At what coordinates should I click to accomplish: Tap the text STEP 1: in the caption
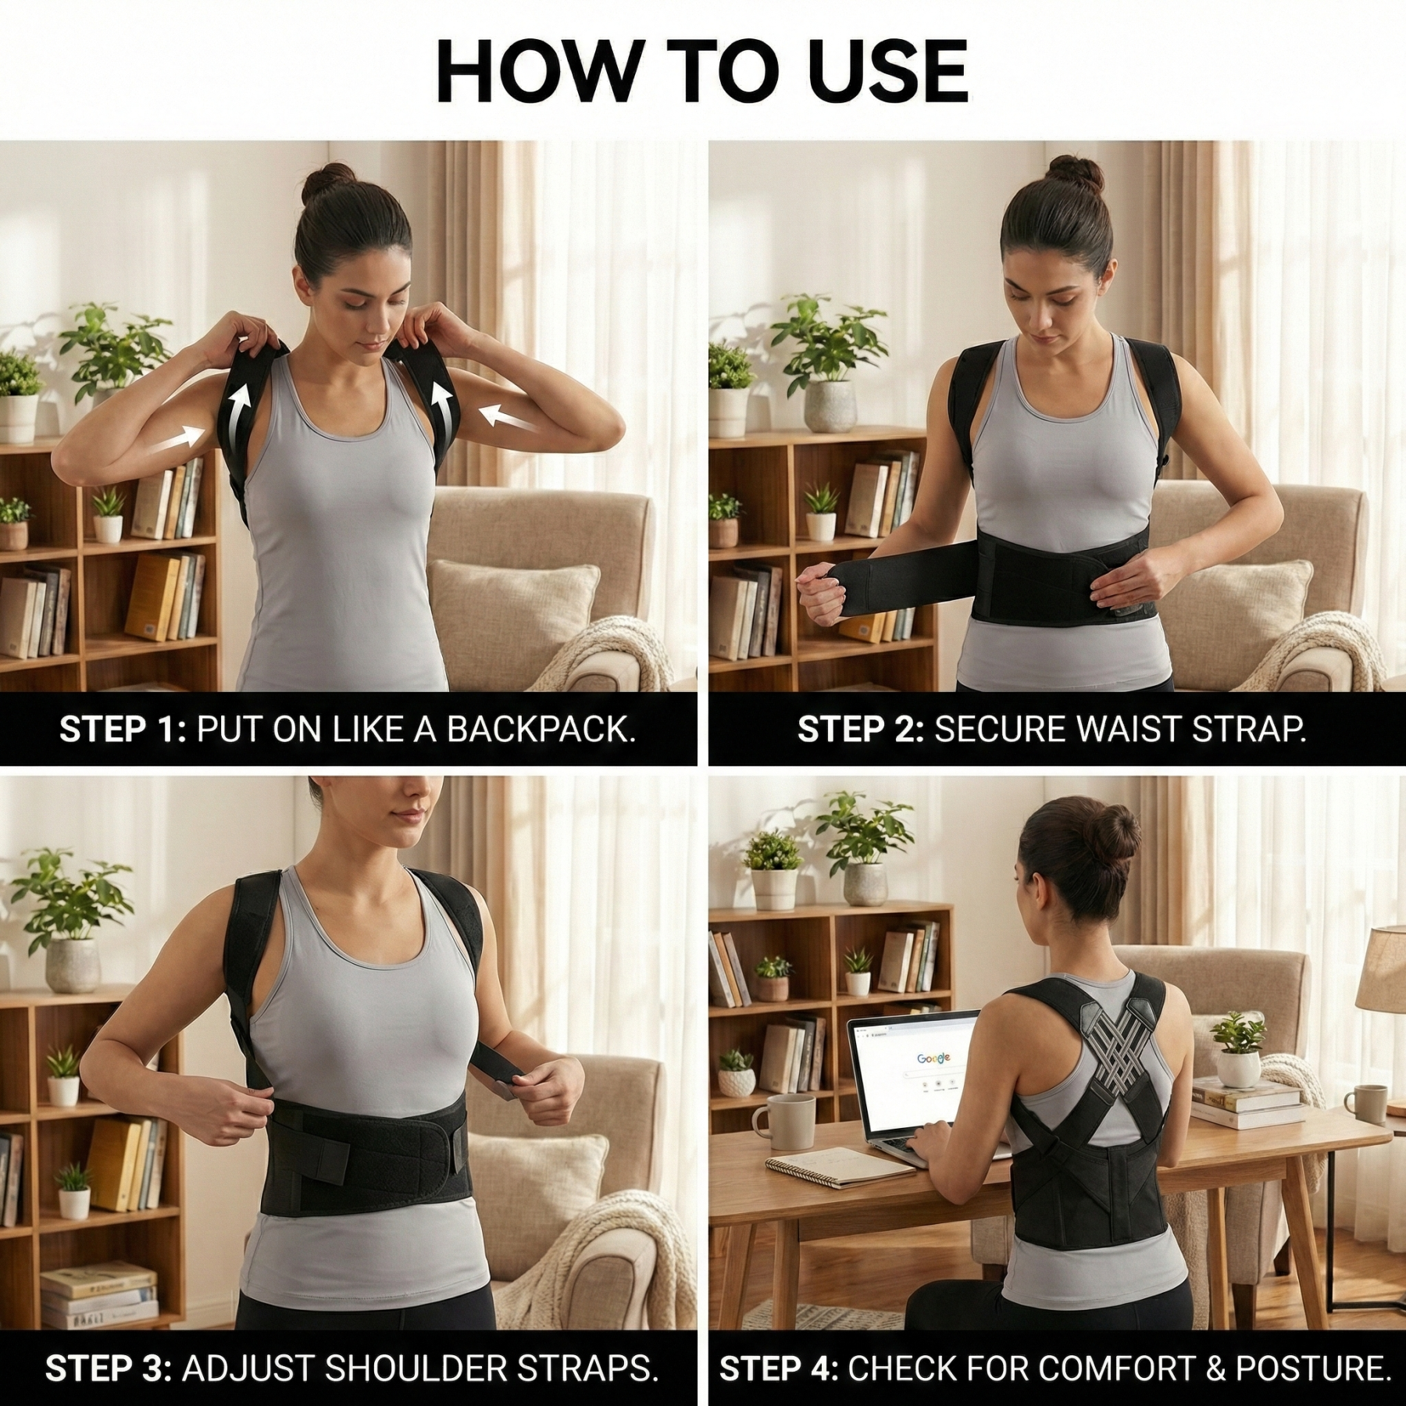click(x=123, y=729)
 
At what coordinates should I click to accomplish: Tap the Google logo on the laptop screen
click(x=933, y=1058)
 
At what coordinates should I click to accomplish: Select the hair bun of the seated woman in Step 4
click(x=1113, y=830)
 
